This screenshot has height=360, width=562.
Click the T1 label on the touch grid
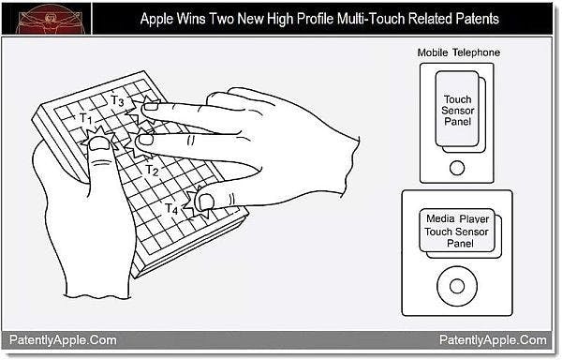coord(85,119)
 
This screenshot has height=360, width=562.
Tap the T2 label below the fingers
coord(152,171)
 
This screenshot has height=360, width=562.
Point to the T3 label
coord(118,100)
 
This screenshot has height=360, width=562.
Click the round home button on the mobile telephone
coord(457,168)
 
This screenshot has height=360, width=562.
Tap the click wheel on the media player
coord(458,283)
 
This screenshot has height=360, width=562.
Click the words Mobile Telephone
coord(458,52)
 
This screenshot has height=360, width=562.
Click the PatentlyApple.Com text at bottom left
coord(63,340)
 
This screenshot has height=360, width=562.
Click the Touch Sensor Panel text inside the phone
coord(458,110)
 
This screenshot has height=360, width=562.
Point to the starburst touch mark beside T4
coord(200,199)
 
